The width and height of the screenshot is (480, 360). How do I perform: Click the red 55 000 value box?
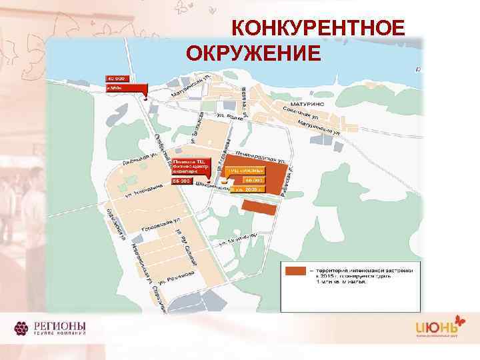182,180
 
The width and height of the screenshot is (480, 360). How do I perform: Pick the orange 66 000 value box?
254,180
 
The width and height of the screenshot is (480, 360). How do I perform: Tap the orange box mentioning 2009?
247,189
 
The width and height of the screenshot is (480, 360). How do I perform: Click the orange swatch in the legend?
295,271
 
